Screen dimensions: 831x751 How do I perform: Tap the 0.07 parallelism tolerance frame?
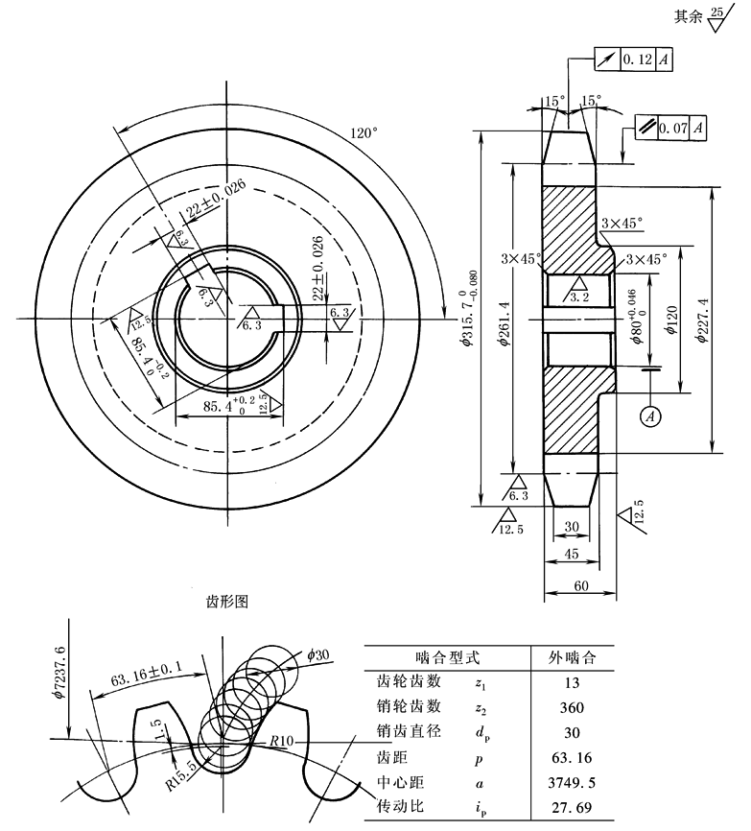pyautogui.click(x=672, y=126)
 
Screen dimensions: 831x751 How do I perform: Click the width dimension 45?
pyautogui.click(x=574, y=555)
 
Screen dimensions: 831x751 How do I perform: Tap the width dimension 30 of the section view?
pyautogui.click(x=574, y=526)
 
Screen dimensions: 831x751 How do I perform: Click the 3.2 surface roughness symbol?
pyautogui.click(x=579, y=293)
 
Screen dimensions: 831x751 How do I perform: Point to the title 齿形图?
pyautogui.click(x=227, y=602)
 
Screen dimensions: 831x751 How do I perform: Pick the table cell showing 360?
pyautogui.click(x=571, y=707)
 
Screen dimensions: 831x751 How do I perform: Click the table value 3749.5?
pyautogui.click(x=571, y=782)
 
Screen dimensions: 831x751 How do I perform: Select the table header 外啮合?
pyautogui.click(x=572, y=658)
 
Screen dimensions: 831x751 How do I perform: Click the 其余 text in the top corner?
pyautogui.click(x=689, y=16)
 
